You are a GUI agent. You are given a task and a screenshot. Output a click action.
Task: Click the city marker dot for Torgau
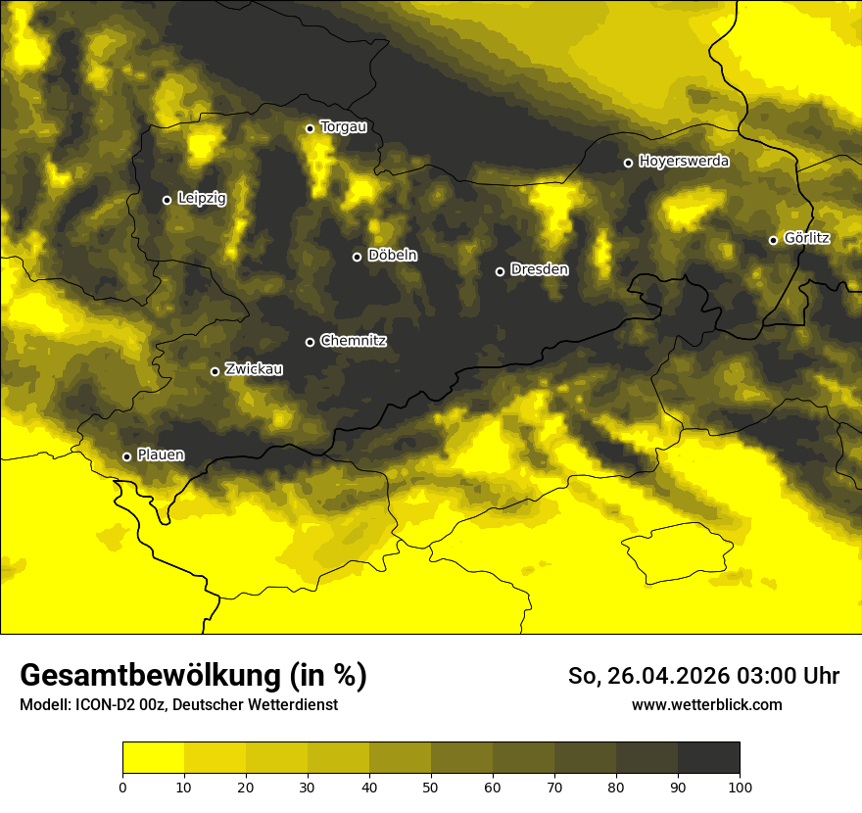[310, 128]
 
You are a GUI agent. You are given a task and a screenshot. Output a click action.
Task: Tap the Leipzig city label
[202, 199]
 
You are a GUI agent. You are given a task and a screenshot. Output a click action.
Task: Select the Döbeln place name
[392, 256]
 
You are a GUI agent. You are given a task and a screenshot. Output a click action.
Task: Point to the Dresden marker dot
[500, 271]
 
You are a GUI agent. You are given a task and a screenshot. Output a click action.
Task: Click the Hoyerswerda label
[684, 162]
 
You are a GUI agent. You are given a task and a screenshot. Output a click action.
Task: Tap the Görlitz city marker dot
[773, 240]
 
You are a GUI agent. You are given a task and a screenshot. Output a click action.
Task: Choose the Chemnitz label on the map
[353, 341]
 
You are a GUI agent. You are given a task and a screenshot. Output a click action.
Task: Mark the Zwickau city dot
[215, 371]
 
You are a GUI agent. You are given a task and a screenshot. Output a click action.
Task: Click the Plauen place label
[161, 455]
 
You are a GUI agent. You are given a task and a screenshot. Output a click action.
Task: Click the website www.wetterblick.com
[706, 704]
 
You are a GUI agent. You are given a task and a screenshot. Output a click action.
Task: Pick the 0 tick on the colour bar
[122, 787]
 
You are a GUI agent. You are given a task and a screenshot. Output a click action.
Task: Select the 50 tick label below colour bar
[431, 787]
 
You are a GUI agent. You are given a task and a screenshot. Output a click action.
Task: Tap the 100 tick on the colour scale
[740, 787]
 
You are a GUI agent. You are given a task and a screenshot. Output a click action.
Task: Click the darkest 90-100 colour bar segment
[708, 758]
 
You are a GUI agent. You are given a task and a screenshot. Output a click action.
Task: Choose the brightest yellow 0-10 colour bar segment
[153, 758]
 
